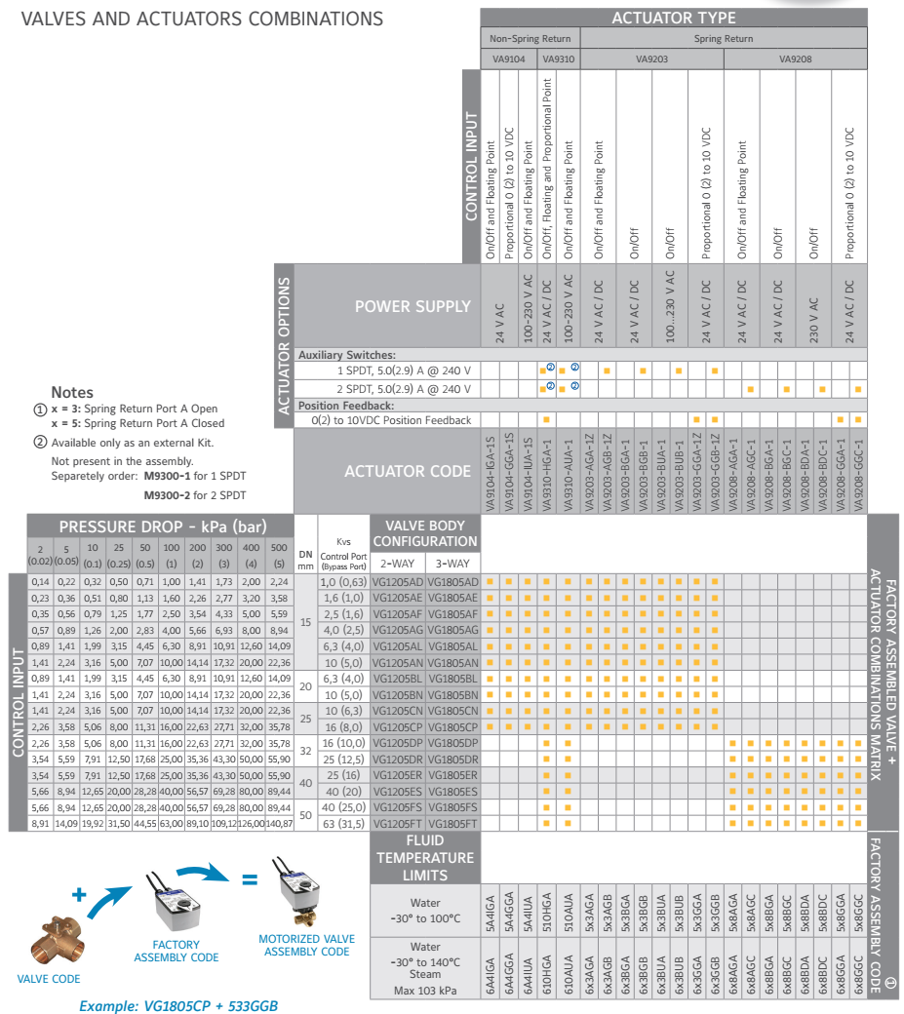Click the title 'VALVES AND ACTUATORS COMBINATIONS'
(x=194, y=19)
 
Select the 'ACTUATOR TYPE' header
(x=674, y=19)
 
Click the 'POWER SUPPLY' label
(x=413, y=306)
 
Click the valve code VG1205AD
(x=398, y=581)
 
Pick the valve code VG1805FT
(x=452, y=824)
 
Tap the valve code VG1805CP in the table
(x=452, y=727)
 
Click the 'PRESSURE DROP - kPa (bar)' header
(x=162, y=526)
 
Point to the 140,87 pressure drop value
(x=279, y=824)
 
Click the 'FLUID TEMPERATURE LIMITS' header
(x=425, y=856)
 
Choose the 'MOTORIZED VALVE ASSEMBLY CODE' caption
(x=306, y=946)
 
